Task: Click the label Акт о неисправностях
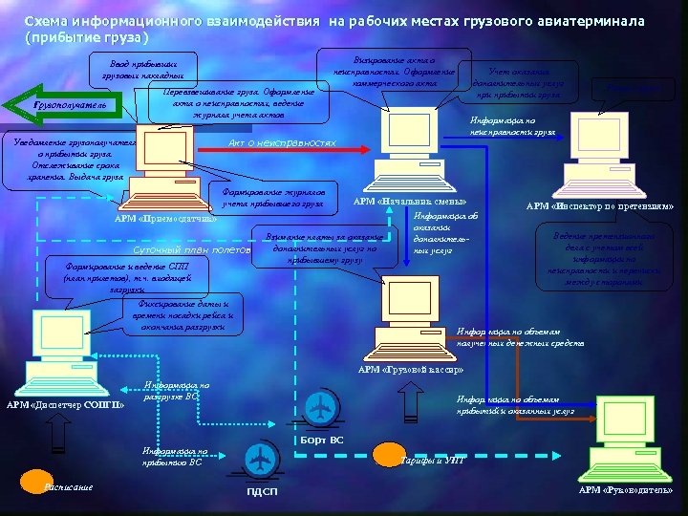coord(282,142)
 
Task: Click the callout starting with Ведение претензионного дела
coord(602,258)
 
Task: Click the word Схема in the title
coord(46,20)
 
